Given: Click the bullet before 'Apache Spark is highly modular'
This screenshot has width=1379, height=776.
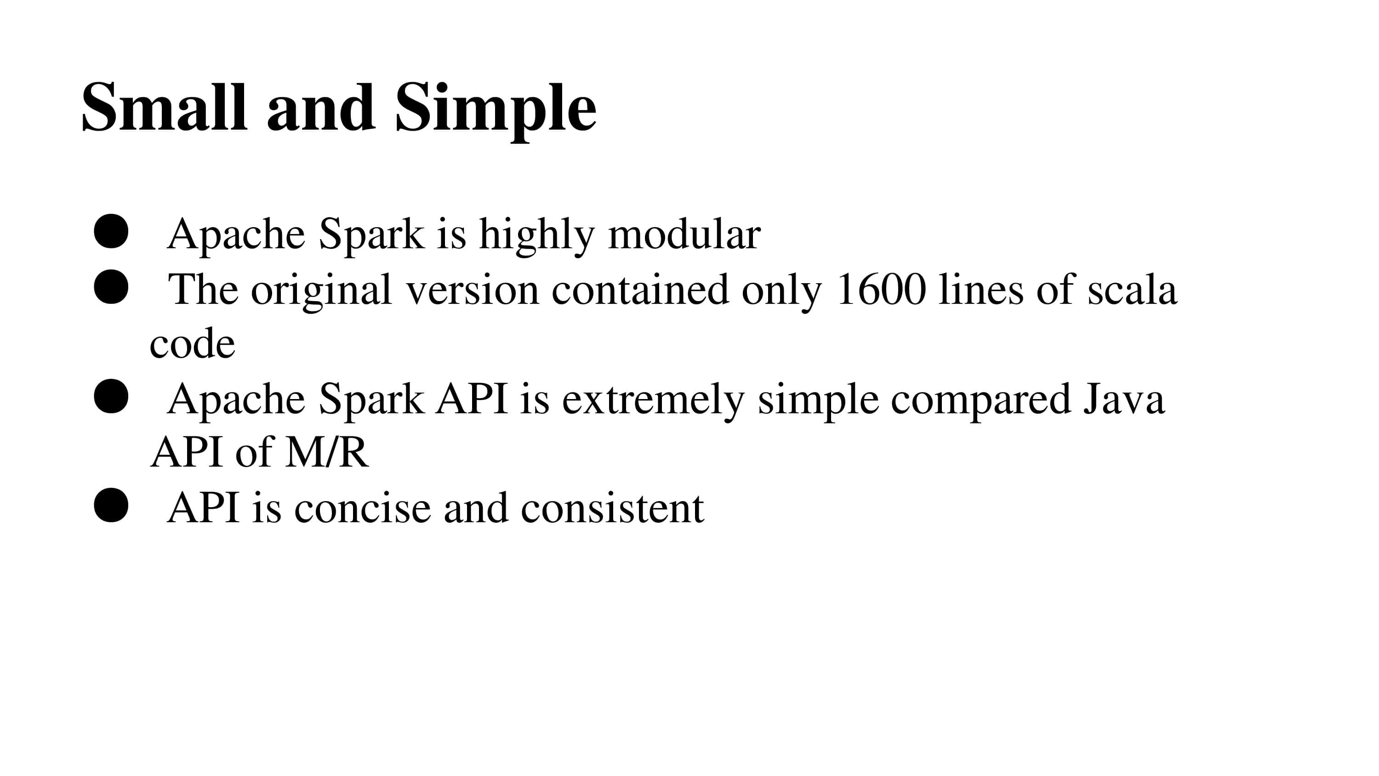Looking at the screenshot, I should pyautogui.click(x=111, y=231).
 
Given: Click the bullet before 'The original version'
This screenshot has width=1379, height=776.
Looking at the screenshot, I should pyautogui.click(x=111, y=287).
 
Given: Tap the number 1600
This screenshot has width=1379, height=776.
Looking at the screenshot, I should pyautogui.click(x=881, y=290).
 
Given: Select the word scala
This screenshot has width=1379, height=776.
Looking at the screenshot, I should pyautogui.click(x=1132, y=290).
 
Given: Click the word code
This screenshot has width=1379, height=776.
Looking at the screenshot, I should pyautogui.click(x=192, y=344).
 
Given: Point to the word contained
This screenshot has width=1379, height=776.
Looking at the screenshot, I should pyautogui.click(x=640, y=290).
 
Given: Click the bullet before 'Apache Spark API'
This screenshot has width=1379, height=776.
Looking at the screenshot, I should pyautogui.click(x=111, y=397).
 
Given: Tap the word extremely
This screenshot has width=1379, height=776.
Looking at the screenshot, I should pyautogui.click(x=653, y=400).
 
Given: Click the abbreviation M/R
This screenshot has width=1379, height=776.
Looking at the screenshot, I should pyautogui.click(x=326, y=452).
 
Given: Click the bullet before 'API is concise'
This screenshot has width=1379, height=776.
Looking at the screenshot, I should pyautogui.click(x=111, y=505).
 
